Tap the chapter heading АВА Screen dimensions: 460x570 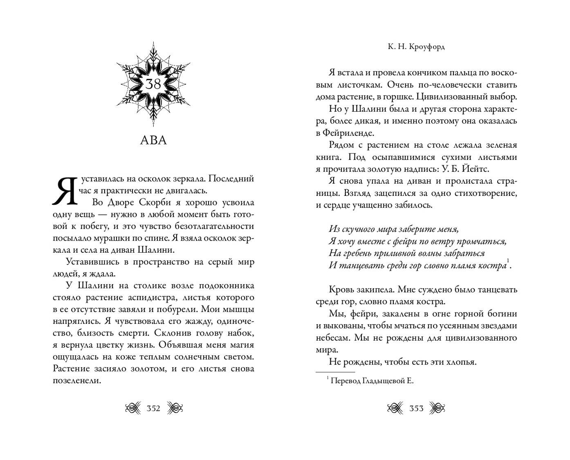coord(153,140)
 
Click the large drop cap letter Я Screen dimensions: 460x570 coord(64,191)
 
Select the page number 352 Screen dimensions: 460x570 coord(153,408)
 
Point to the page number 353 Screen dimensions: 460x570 coord(416,408)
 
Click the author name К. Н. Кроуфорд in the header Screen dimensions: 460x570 coord(416,47)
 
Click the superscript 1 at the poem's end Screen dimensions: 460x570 coord(508,261)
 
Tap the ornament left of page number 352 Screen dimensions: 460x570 coord(132,408)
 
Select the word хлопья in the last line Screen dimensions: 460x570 coord(460,362)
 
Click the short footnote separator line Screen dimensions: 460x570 coord(335,372)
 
